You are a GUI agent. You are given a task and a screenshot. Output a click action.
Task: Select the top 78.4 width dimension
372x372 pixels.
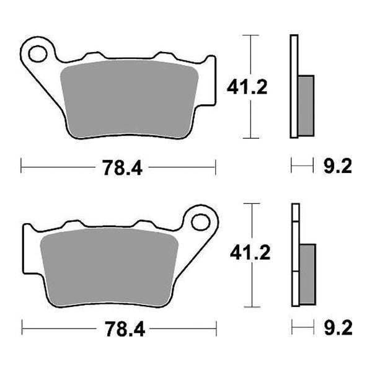click(118, 166)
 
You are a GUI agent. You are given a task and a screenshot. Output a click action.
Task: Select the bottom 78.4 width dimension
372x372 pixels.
click(118, 327)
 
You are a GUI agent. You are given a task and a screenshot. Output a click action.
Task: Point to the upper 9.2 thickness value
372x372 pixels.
click(337, 166)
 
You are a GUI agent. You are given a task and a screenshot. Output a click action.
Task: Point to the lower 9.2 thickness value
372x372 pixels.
click(337, 327)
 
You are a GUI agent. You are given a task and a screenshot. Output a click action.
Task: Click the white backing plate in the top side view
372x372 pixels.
click(294, 87)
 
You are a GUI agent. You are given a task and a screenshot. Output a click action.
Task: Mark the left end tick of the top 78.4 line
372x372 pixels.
click(22, 166)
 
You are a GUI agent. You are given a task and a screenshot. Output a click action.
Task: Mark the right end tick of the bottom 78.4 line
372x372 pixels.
click(216, 327)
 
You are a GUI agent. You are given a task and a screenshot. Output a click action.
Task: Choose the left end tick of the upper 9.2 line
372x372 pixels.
click(291, 166)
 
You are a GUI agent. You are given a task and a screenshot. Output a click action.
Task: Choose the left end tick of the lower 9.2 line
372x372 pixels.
click(291, 327)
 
